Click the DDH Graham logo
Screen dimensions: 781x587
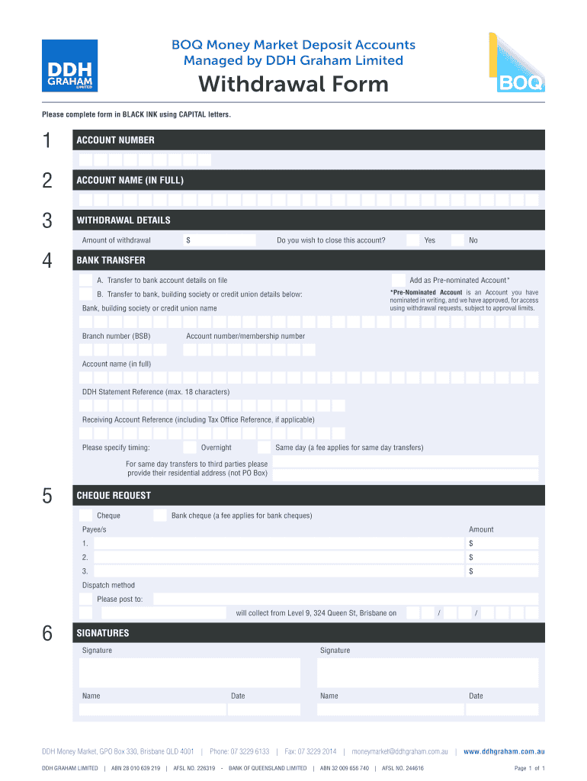click(69, 66)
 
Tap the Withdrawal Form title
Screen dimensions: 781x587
click(293, 84)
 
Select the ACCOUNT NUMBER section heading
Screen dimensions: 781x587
click(115, 140)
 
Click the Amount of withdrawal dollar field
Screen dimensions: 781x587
click(220, 240)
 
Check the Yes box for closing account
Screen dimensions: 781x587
click(412, 240)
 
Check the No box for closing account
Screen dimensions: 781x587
click(457, 240)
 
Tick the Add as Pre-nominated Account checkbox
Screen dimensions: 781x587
click(398, 280)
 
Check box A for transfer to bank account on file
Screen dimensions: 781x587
click(86, 280)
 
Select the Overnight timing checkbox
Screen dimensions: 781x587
click(189, 448)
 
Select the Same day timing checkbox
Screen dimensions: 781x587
click(264, 448)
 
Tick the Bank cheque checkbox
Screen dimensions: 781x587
click(160, 516)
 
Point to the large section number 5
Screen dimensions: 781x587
click(47, 497)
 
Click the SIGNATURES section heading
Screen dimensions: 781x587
click(103, 633)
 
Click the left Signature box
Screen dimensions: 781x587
click(190, 673)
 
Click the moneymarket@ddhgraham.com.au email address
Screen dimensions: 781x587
click(399, 751)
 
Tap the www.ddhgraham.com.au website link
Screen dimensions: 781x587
click(504, 751)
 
